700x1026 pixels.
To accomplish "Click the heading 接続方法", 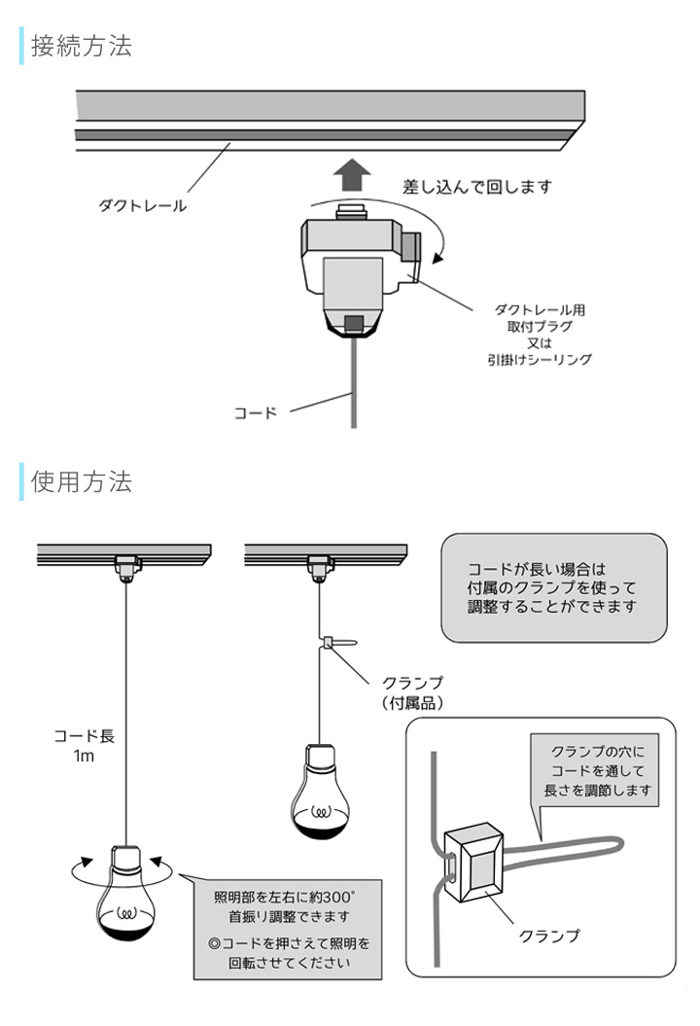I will (82, 46).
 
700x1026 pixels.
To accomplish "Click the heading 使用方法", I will (82, 481).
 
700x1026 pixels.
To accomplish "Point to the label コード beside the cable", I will (256, 412).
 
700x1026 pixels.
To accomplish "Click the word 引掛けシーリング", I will (540, 359).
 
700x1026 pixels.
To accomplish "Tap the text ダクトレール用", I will (540, 309).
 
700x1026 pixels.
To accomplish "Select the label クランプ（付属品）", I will (412, 691).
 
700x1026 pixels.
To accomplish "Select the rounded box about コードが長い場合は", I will (553, 586).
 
